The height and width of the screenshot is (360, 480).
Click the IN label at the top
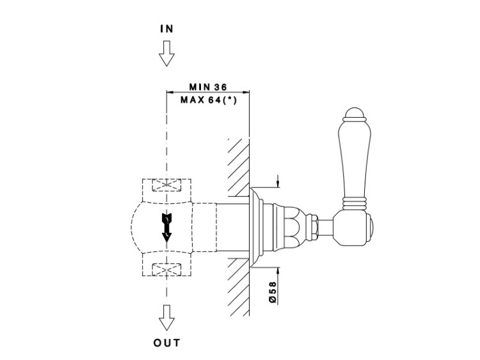(x=166, y=29)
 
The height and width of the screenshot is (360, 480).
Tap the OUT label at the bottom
(x=166, y=343)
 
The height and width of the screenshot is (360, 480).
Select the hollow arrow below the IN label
(x=166, y=53)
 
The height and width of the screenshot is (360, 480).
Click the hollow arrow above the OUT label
(x=166, y=317)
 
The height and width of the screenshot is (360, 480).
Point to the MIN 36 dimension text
(x=207, y=87)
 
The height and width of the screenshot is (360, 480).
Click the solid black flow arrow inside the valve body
(x=166, y=227)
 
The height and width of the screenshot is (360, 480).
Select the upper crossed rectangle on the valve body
(x=166, y=186)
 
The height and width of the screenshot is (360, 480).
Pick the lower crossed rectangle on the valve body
(x=166, y=270)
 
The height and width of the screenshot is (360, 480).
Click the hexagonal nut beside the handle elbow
(x=315, y=226)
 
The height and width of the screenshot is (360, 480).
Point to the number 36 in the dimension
(x=221, y=87)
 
